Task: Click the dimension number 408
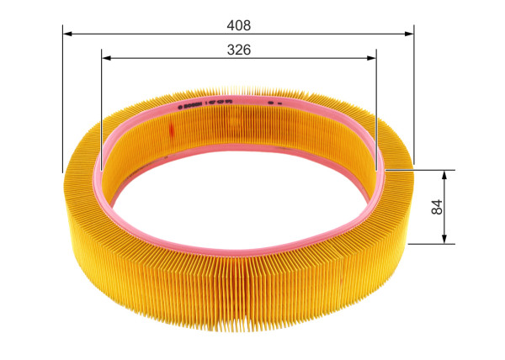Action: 239,25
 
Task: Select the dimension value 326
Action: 239,50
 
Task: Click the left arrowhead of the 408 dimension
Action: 68,34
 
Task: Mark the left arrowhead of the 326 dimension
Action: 107,58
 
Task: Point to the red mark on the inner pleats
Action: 172,130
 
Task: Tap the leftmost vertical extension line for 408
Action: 63,101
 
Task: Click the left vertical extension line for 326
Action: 101,109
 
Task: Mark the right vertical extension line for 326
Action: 376,109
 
